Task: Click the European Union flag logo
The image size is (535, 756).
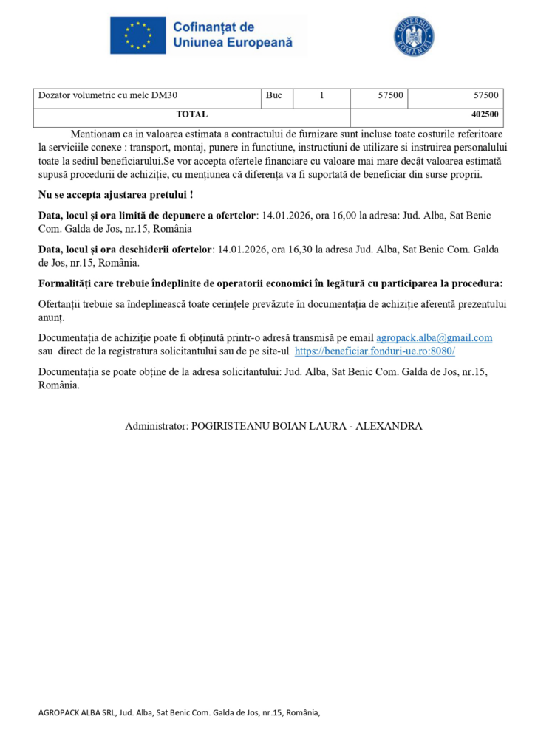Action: click(x=138, y=35)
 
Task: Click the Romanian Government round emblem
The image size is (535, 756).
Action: click(x=414, y=36)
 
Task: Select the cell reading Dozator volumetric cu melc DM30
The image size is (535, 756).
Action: click(x=108, y=95)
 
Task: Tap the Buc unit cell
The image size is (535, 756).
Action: click(x=274, y=95)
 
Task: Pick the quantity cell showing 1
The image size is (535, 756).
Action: click(x=321, y=95)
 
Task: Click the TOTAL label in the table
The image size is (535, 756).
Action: click(x=191, y=114)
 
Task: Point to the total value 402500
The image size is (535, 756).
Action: click(x=485, y=114)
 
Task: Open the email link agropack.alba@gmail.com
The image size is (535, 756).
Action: click(x=435, y=337)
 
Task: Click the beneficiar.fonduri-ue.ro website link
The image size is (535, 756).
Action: click(x=375, y=351)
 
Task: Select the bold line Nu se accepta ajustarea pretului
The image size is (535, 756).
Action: click(x=116, y=195)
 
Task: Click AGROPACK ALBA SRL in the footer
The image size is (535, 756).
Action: click(x=73, y=712)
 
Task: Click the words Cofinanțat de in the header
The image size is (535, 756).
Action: click(x=213, y=27)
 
